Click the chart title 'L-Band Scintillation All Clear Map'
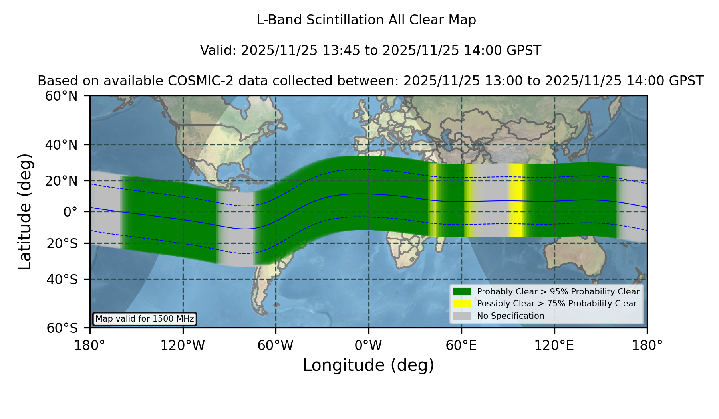[366, 20]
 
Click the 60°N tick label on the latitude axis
[62, 96]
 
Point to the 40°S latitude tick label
[62, 279]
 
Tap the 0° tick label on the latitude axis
[70, 211]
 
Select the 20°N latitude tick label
[62, 180]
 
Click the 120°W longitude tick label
[183, 345]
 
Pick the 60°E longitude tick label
[461, 345]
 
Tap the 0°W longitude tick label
[368, 345]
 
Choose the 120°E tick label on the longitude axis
[554, 345]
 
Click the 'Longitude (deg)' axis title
[368, 365]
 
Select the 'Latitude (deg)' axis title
[25, 211]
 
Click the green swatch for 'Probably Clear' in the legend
[462, 291]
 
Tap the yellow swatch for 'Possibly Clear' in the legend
[462, 304]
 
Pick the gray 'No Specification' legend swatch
[462, 316]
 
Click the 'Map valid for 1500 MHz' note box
[145, 319]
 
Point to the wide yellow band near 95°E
[516, 200]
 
